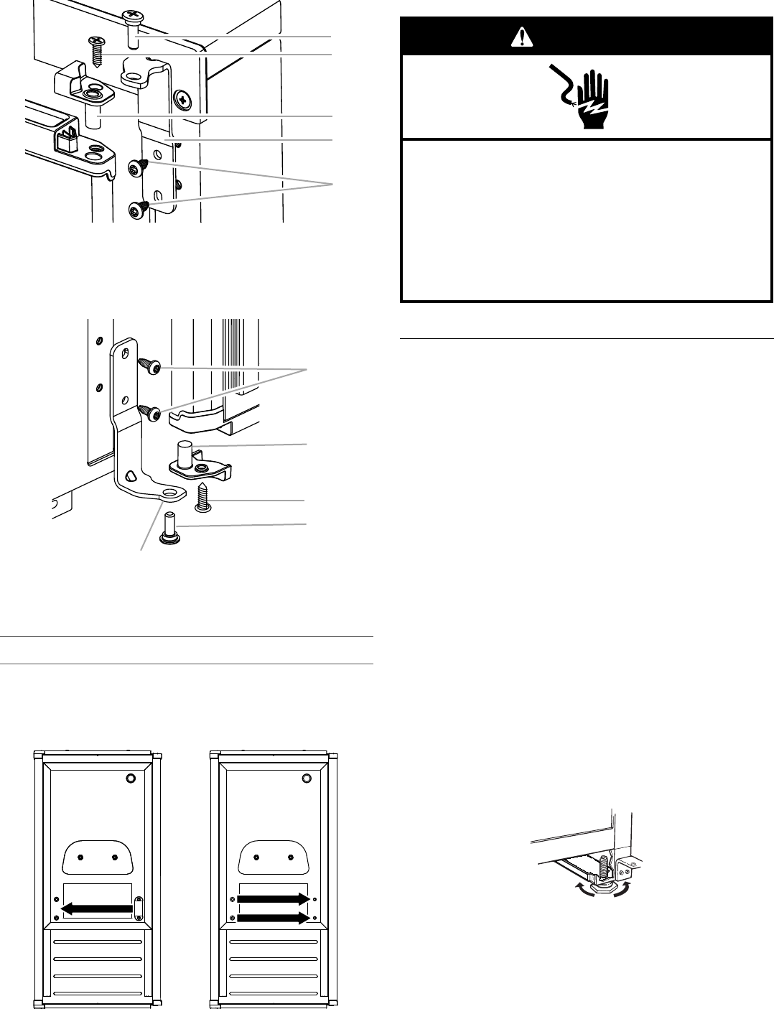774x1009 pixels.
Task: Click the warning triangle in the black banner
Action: [517, 39]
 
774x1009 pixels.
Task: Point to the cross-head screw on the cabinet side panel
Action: [184, 98]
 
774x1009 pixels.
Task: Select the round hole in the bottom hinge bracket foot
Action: [171, 493]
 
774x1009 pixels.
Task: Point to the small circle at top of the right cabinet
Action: [307, 778]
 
